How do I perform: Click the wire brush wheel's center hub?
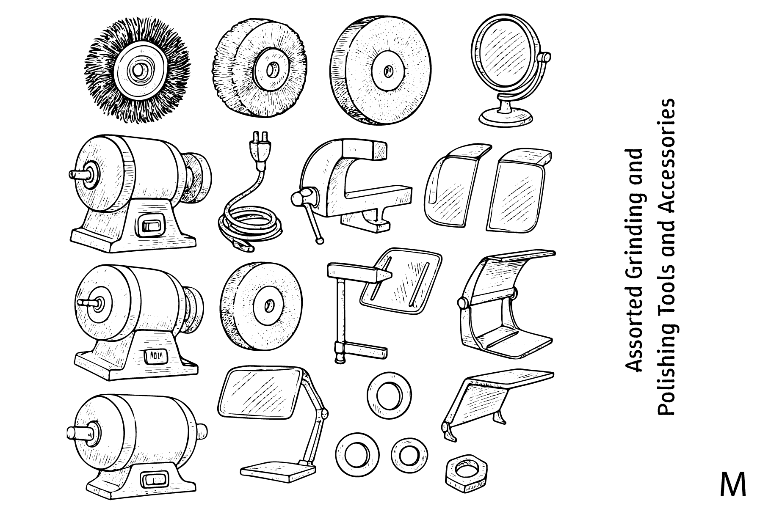(138, 70)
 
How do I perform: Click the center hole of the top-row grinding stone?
(387, 71)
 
